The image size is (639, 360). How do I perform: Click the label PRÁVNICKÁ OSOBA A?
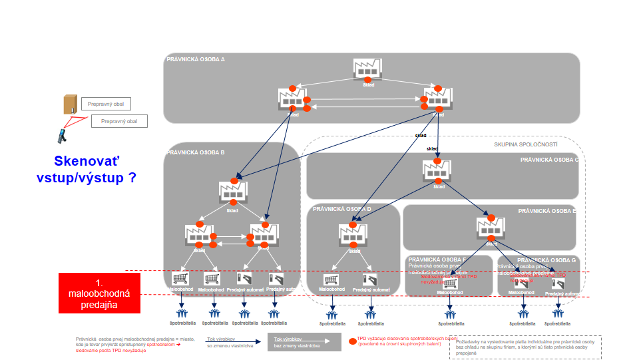click(x=196, y=59)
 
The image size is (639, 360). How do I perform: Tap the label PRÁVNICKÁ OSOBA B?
click(x=196, y=152)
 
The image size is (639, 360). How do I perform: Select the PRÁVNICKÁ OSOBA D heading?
click(x=342, y=209)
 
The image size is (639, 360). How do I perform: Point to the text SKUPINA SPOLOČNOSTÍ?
click(x=526, y=144)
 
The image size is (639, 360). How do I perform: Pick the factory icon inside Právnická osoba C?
click(x=438, y=172)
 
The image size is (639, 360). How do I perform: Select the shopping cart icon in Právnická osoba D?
click(x=331, y=280)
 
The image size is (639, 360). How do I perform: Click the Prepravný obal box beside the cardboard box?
click(x=106, y=104)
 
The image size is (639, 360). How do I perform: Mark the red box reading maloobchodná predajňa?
click(x=99, y=293)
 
